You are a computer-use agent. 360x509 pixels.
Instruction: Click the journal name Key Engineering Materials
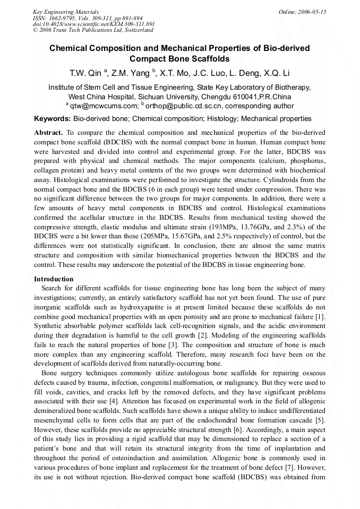(65, 12)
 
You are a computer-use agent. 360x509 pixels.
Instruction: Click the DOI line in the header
(93, 24)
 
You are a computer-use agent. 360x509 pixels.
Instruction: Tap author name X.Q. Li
(277, 73)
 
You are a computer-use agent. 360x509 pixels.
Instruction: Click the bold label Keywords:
(53, 119)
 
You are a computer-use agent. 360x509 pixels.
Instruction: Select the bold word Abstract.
(49, 132)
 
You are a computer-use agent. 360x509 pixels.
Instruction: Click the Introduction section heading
(54, 279)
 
